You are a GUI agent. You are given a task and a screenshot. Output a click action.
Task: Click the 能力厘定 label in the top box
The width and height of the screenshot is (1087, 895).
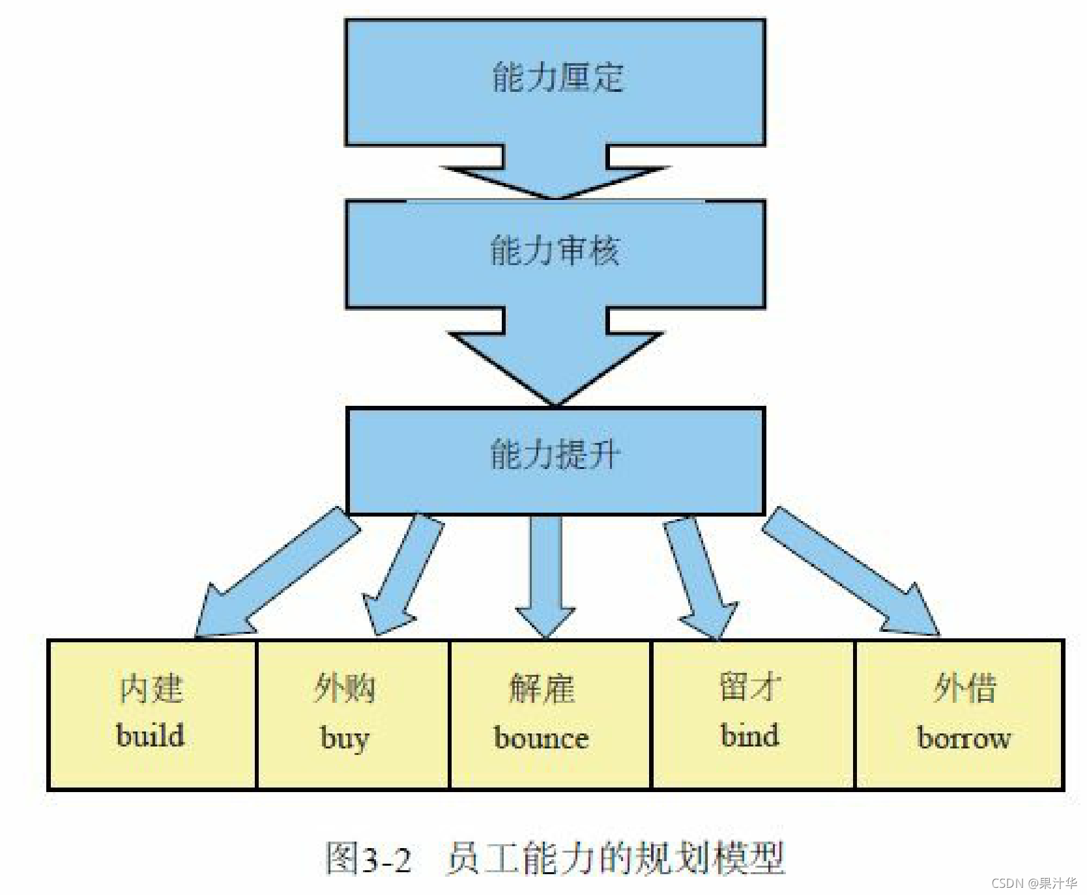[558, 78]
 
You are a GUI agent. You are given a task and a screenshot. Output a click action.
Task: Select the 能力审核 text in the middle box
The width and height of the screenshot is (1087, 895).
[555, 251]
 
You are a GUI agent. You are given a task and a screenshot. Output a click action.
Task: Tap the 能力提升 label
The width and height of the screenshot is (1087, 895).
[555, 454]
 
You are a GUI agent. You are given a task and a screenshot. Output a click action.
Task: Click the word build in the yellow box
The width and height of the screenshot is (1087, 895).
[151, 735]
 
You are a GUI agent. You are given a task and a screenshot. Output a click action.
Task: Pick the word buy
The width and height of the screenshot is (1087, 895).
[345, 739]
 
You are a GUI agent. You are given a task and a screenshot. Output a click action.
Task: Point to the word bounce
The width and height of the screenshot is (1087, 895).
[542, 738]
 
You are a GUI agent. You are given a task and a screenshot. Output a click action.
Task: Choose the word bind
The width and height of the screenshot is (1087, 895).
[749, 735]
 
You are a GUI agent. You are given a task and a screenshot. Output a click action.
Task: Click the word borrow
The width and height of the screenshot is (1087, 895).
[964, 738]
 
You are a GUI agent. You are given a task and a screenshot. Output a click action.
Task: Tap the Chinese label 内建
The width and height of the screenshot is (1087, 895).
[151, 689]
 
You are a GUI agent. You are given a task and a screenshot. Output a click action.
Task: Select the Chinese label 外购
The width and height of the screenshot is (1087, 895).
[345, 688]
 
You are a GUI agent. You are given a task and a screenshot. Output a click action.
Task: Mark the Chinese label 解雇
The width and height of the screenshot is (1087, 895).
[542, 689]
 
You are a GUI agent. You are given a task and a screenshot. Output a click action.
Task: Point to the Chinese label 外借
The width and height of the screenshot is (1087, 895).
[964, 688]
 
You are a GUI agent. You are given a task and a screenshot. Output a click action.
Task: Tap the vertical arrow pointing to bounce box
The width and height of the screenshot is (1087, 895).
[545, 573]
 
